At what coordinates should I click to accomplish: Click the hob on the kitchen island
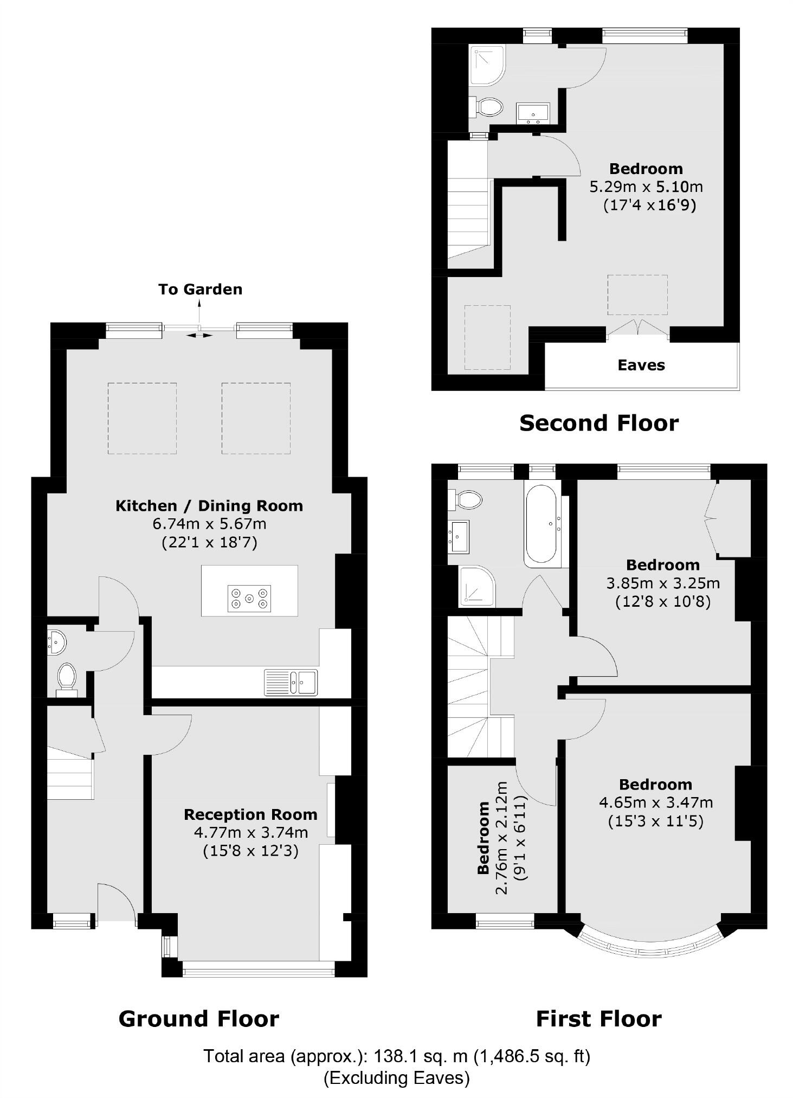(249, 598)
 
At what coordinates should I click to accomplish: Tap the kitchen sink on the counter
(291, 682)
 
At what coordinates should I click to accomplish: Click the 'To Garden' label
(200, 289)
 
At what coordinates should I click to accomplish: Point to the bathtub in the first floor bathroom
(540, 523)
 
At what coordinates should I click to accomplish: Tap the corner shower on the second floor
(487, 65)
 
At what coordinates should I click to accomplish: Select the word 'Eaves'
(641, 365)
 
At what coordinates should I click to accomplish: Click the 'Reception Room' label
(250, 814)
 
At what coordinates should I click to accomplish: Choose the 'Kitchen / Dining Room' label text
(209, 506)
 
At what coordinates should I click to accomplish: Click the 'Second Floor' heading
(598, 423)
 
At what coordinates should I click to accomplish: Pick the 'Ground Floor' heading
(198, 1019)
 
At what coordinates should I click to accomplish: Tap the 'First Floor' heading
(598, 1019)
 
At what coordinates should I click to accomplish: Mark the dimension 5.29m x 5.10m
(646, 187)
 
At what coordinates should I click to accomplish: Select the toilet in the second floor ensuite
(488, 106)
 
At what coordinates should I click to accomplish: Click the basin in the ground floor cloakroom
(56, 641)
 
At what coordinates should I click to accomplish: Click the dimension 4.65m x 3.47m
(655, 802)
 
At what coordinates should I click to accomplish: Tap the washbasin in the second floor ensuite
(533, 113)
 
